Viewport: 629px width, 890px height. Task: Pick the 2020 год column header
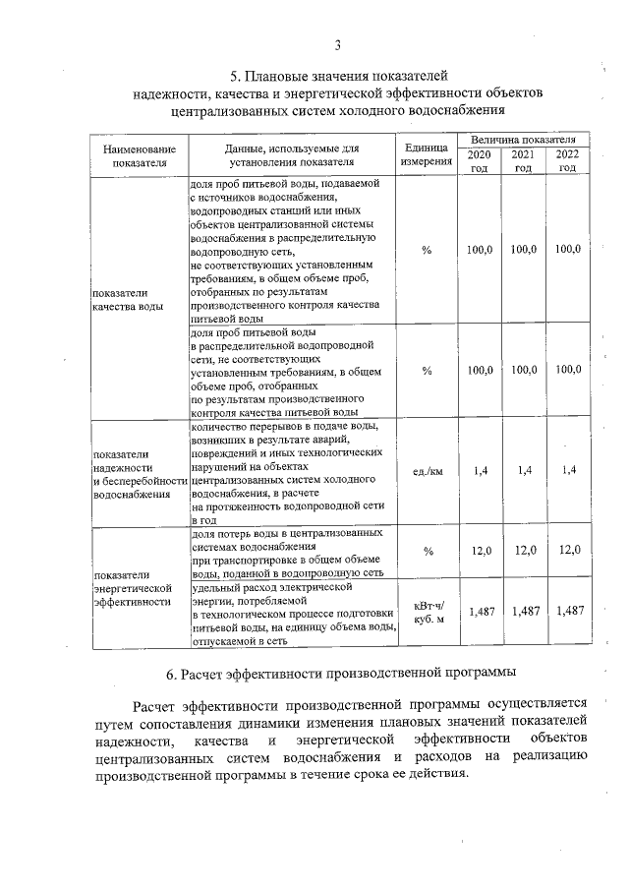[479, 161]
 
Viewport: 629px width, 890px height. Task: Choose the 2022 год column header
[567, 161]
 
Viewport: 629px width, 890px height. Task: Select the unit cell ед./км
[428, 471]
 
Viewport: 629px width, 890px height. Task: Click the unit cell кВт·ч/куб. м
[428, 612]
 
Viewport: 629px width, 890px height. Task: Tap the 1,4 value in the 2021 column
[524, 471]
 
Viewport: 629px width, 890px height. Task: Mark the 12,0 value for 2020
[481, 551]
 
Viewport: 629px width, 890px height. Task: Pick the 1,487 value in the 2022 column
[569, 611]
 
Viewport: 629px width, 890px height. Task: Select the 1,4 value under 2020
[481, 471]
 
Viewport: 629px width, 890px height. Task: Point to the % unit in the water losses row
[428, 551]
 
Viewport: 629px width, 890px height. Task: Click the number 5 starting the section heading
[234, 75]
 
